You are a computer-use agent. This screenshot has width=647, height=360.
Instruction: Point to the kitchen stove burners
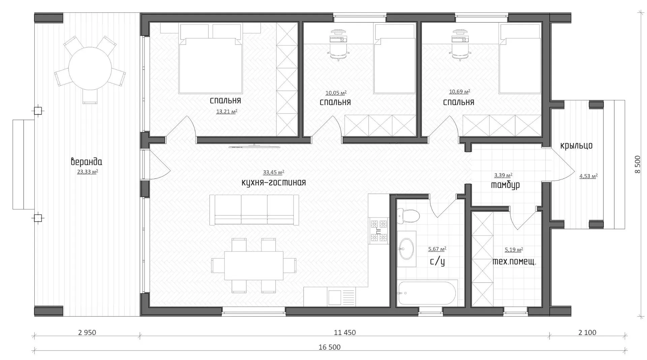(x=379, y=231)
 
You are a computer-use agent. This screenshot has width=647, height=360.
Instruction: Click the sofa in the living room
(x=254, y=209)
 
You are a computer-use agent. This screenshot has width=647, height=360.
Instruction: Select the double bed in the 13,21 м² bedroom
(x=211, y=65)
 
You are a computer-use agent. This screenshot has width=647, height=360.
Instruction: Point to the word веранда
(x=86, y=162)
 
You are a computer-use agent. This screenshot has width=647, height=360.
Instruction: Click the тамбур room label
(x=505, y=185)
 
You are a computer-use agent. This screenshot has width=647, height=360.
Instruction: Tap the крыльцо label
(x=576, y=146)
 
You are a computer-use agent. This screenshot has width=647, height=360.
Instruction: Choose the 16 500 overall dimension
(x=329, y=347)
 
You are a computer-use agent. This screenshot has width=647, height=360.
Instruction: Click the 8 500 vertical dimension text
(x=637, y=164)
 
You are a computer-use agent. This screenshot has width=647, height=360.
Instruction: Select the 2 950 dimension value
(x=87, y=333)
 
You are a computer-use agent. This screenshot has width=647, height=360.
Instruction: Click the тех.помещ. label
(x=514, y=262)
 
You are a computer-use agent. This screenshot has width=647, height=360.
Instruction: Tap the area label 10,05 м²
(x=336, y=93)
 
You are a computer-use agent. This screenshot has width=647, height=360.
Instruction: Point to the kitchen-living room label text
(x=274, y=183)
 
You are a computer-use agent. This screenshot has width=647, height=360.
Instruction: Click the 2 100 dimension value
(x=587, y=333)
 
